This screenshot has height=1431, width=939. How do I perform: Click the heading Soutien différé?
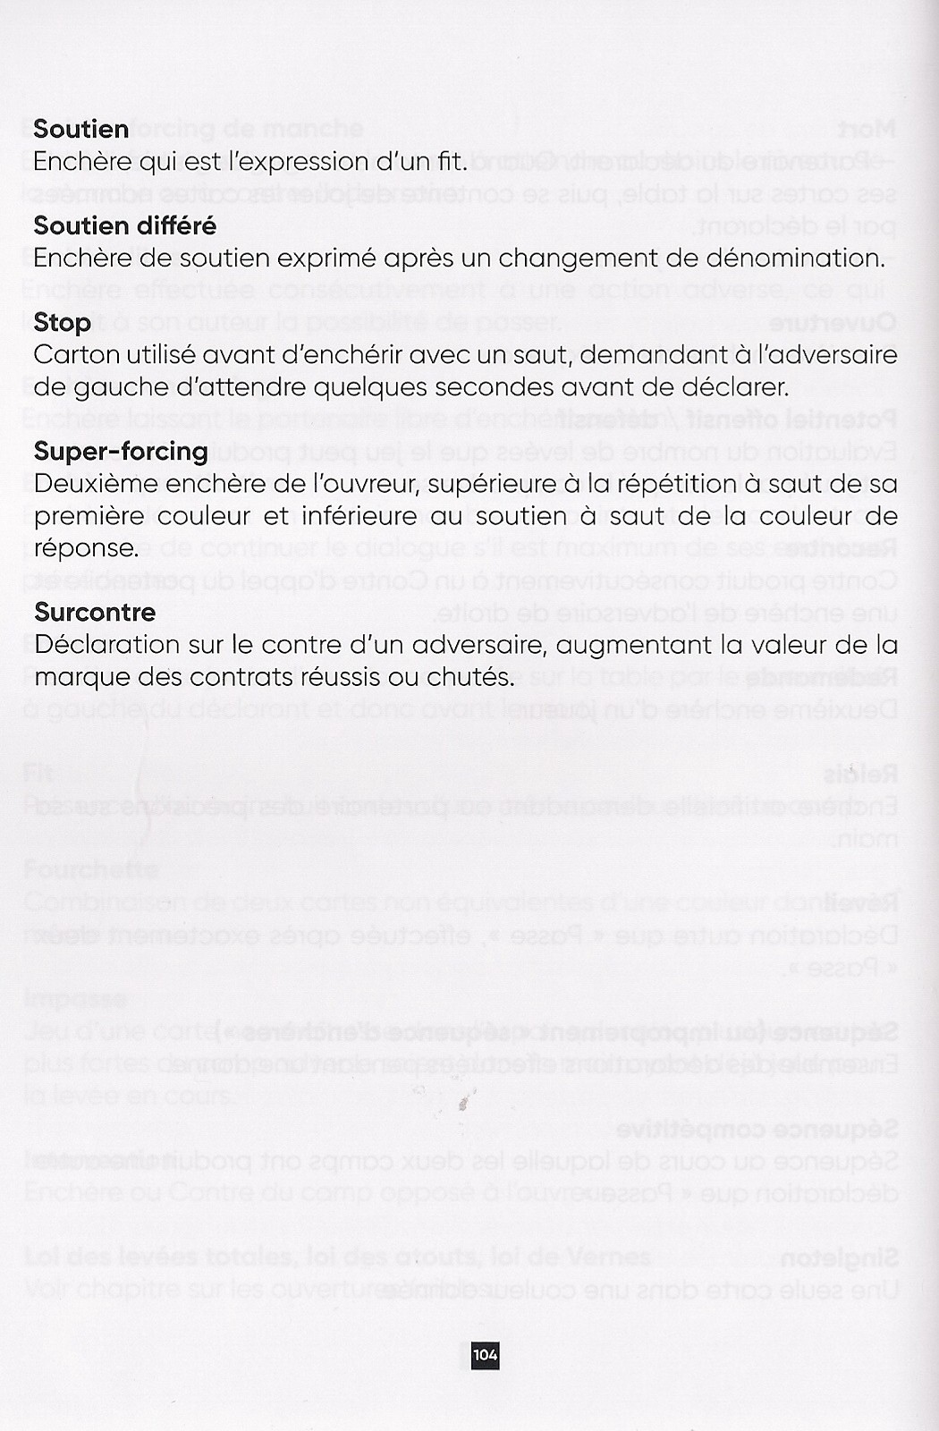point(124,225)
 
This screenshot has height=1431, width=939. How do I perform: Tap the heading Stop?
point(62,322)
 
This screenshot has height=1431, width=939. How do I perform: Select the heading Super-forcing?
point(121,451)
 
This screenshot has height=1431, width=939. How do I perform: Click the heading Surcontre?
point(95,612)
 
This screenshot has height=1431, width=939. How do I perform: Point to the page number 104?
point(486,1355)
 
